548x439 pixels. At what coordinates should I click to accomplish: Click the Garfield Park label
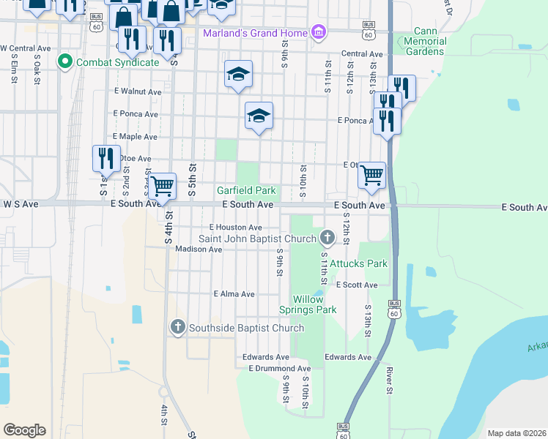pyautogui.click(x=246, y=190)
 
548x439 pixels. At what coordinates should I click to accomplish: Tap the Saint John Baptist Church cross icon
pyautogui.click(x=327, y=237)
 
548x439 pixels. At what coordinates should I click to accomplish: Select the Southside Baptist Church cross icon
pyautogui.click(x=177, y=327)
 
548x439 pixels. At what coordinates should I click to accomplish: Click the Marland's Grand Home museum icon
pyautogui.click(x=318, y=33)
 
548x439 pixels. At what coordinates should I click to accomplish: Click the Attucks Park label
pyautogui.click(x=358, y=263)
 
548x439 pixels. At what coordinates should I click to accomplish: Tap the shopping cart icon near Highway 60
pyautogui.click(x=371, y=175)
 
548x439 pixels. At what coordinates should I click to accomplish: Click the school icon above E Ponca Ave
pyautogui.click(x=258, y=115)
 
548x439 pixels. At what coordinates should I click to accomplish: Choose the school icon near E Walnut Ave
pyautogui.click(x=238, y=73)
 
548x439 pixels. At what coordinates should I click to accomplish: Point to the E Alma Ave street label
pyautogui.click(x=234, y=294)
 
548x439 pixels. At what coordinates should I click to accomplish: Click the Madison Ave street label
pyautogui.click(x=199, y=249)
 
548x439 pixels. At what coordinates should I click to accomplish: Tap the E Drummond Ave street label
pyautogui.click(x=279, y=368)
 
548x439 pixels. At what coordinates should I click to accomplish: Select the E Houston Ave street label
pyautogui.click(x=235, y=228)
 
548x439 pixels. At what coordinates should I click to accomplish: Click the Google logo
pyautogui.click(x=24, y=429)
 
